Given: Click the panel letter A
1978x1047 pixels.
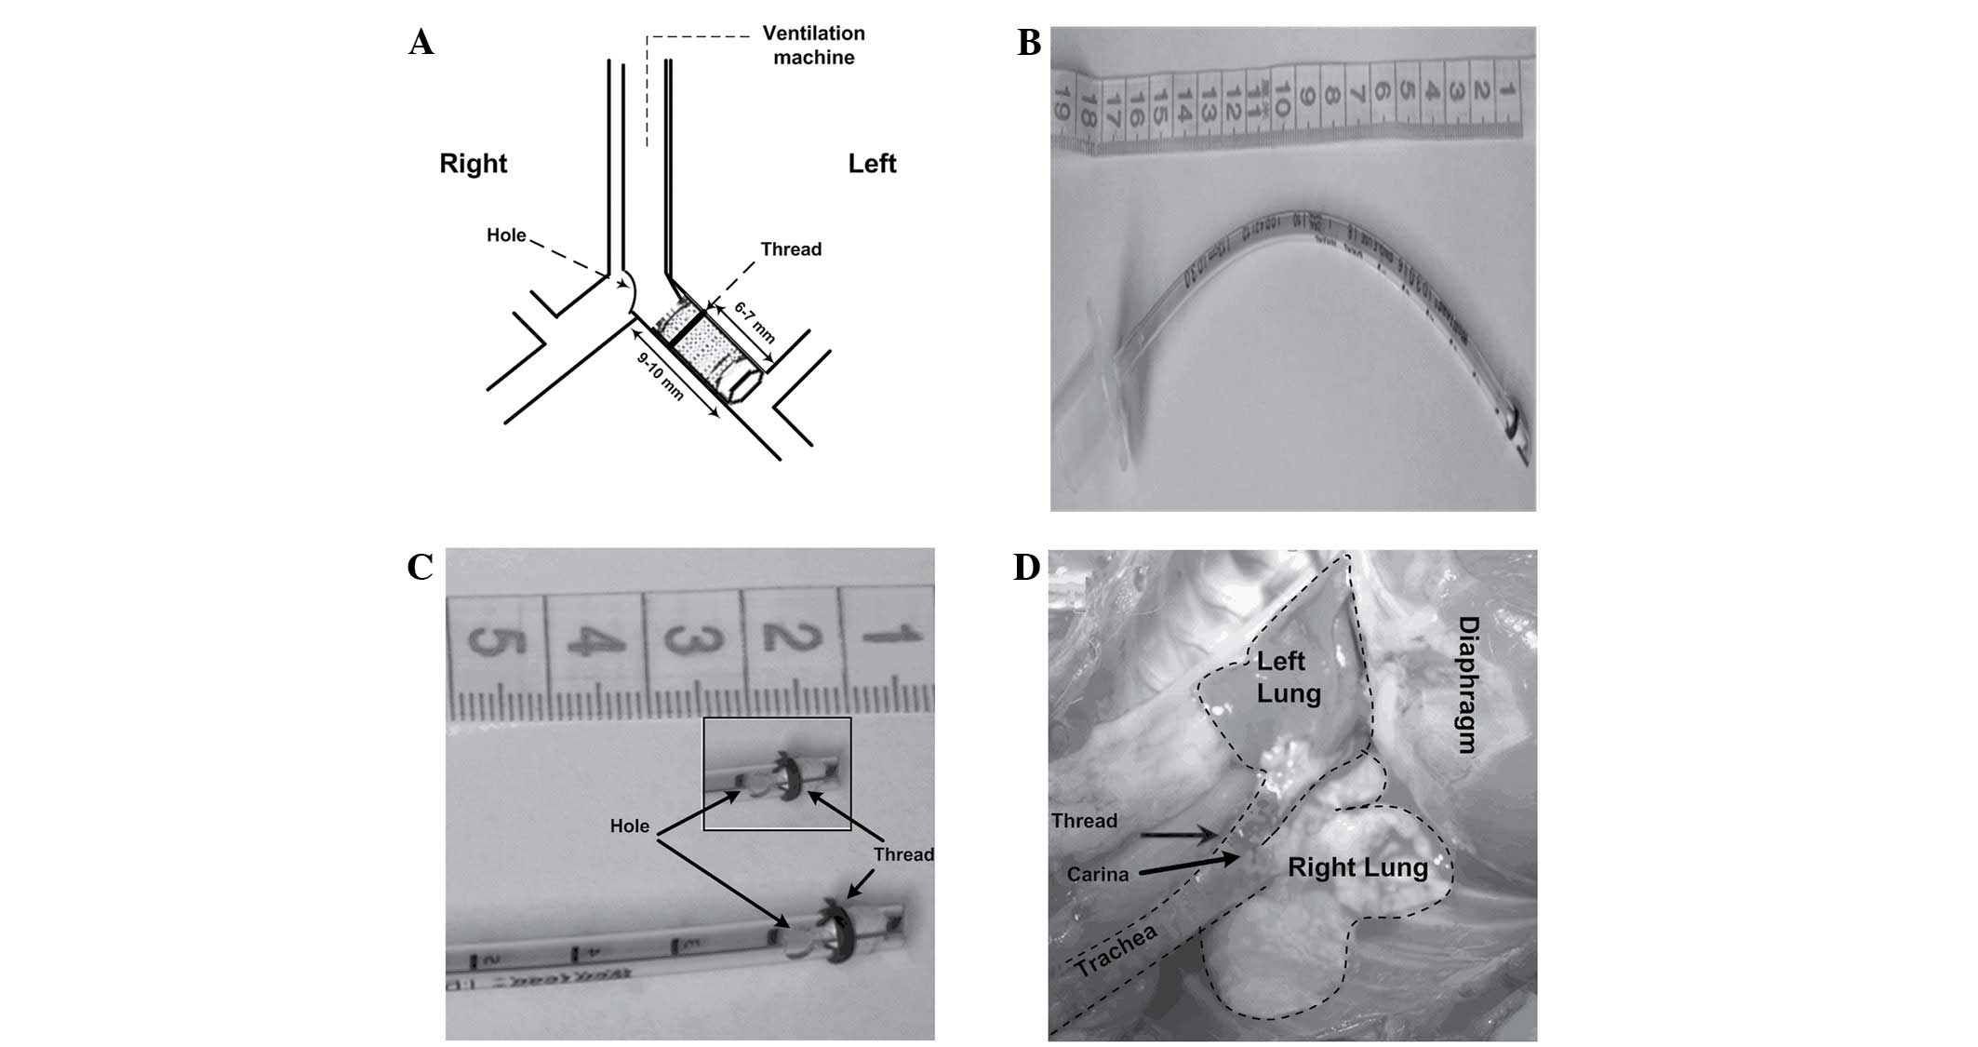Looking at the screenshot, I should [421, 43].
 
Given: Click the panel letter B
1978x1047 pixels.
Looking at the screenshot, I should [1028, 43].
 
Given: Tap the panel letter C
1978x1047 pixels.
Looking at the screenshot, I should [420, 567].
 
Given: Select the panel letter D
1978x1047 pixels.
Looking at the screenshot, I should [1026, 567].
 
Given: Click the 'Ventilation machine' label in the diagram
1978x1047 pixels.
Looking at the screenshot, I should [813, 46].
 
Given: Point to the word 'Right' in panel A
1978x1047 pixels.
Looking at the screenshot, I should [473, 164].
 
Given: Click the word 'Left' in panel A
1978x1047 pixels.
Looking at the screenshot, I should [872, 164].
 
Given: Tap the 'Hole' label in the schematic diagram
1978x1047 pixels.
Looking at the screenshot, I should [506, 235].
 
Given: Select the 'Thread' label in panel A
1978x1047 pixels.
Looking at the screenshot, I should [791, 249].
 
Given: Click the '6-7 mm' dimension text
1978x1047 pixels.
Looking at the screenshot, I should [755, 322].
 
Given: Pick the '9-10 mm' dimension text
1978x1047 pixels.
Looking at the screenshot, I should [661, 377].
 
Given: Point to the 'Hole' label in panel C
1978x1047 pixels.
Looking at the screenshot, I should [629, 826].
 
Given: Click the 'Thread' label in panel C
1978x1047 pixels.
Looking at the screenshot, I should [902, 854].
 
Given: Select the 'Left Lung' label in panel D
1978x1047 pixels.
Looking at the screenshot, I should [1289, 678].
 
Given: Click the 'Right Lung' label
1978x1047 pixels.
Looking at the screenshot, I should [1357, 867].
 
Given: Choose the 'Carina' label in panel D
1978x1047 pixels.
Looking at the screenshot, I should [1097, 875].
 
